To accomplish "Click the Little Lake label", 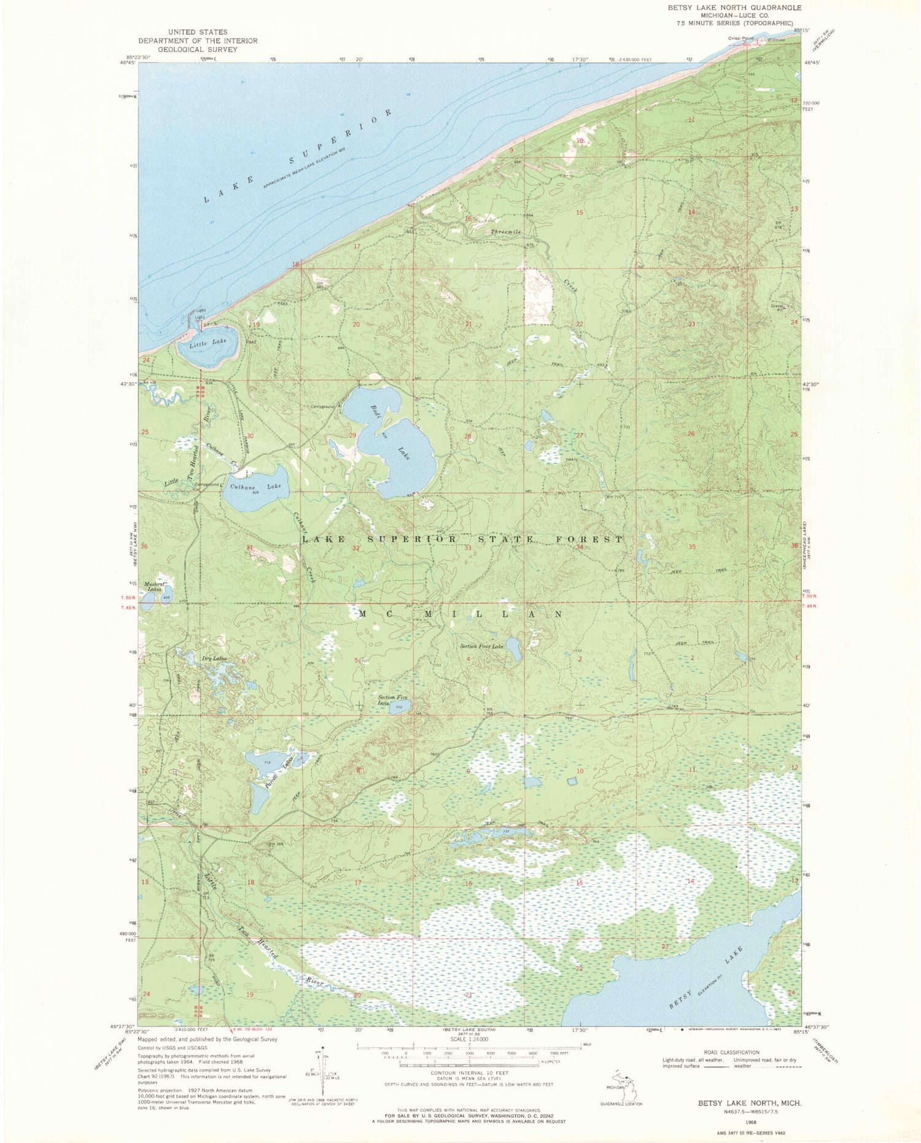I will [208, 343].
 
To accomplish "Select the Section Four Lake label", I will [482, 646].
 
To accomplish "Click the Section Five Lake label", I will [393, 700].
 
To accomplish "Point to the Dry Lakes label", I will [214, 659].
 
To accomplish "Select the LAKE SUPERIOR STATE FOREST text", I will [462, 539].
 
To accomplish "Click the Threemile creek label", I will [506, 232].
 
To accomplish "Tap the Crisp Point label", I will [740, 38].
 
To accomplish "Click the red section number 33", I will [468, 548].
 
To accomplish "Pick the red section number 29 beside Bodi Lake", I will [352, 435].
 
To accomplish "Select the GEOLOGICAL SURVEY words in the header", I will [198, 49].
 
